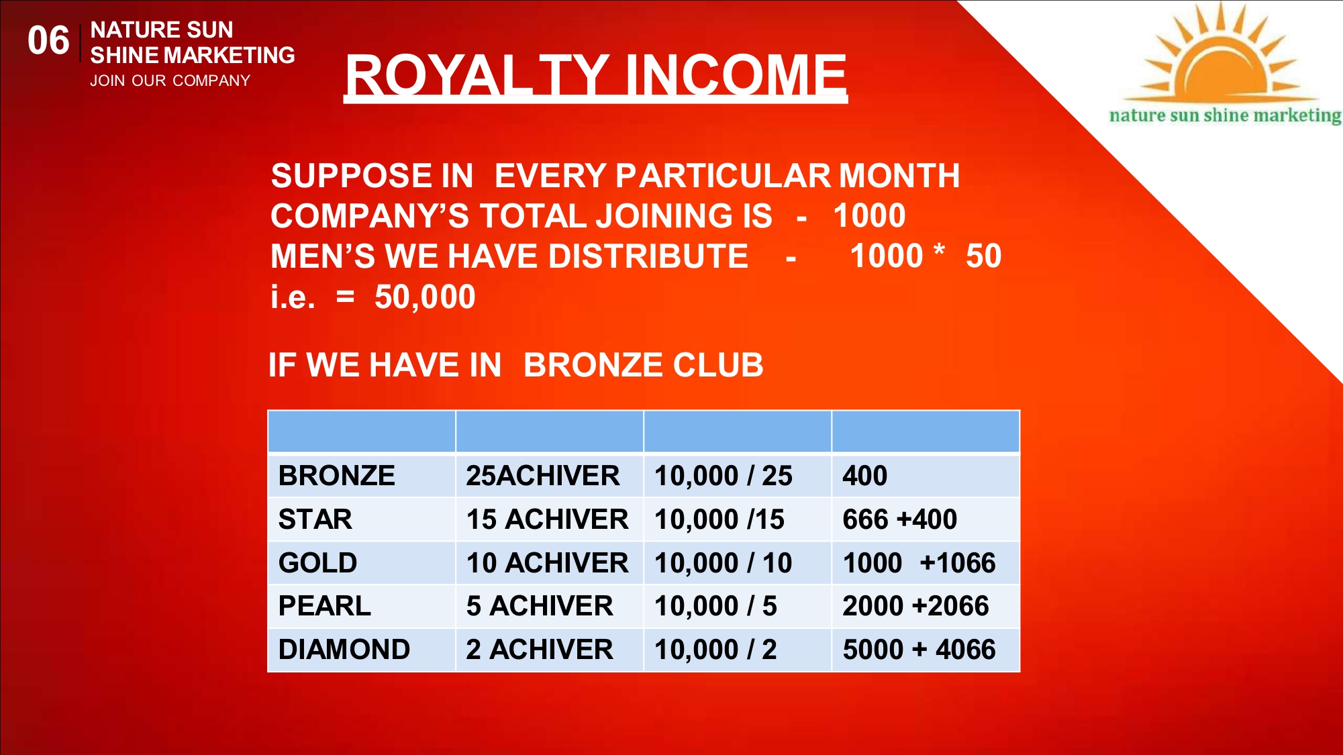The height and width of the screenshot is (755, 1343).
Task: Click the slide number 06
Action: (48, 40)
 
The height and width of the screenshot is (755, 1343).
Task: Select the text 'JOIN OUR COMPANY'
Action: (170, 81)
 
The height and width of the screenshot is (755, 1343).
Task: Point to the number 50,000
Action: (425, 297)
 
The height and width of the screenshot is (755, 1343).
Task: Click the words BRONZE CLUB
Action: (643, 365)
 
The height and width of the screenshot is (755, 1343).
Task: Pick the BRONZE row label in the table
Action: (337, 475)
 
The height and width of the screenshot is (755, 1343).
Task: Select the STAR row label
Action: (315, 519)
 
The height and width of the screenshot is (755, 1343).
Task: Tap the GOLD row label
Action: (318, 562)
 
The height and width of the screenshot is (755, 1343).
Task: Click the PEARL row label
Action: (325, 605)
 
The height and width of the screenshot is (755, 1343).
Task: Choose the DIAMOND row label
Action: (344, 649)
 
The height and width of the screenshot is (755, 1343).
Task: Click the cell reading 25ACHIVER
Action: (543, 475)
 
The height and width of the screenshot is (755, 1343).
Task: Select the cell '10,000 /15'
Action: (719, 519)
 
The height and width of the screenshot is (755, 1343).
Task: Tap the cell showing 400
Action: (865, 475)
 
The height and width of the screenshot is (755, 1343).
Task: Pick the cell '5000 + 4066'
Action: (919, 649)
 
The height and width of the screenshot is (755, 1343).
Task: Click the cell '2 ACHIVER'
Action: (540, 649)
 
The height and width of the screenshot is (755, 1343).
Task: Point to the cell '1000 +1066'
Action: (919, 562)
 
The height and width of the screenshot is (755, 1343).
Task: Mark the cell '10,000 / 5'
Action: (715, 606)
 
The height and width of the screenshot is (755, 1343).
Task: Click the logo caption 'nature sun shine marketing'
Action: (1226, 115)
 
